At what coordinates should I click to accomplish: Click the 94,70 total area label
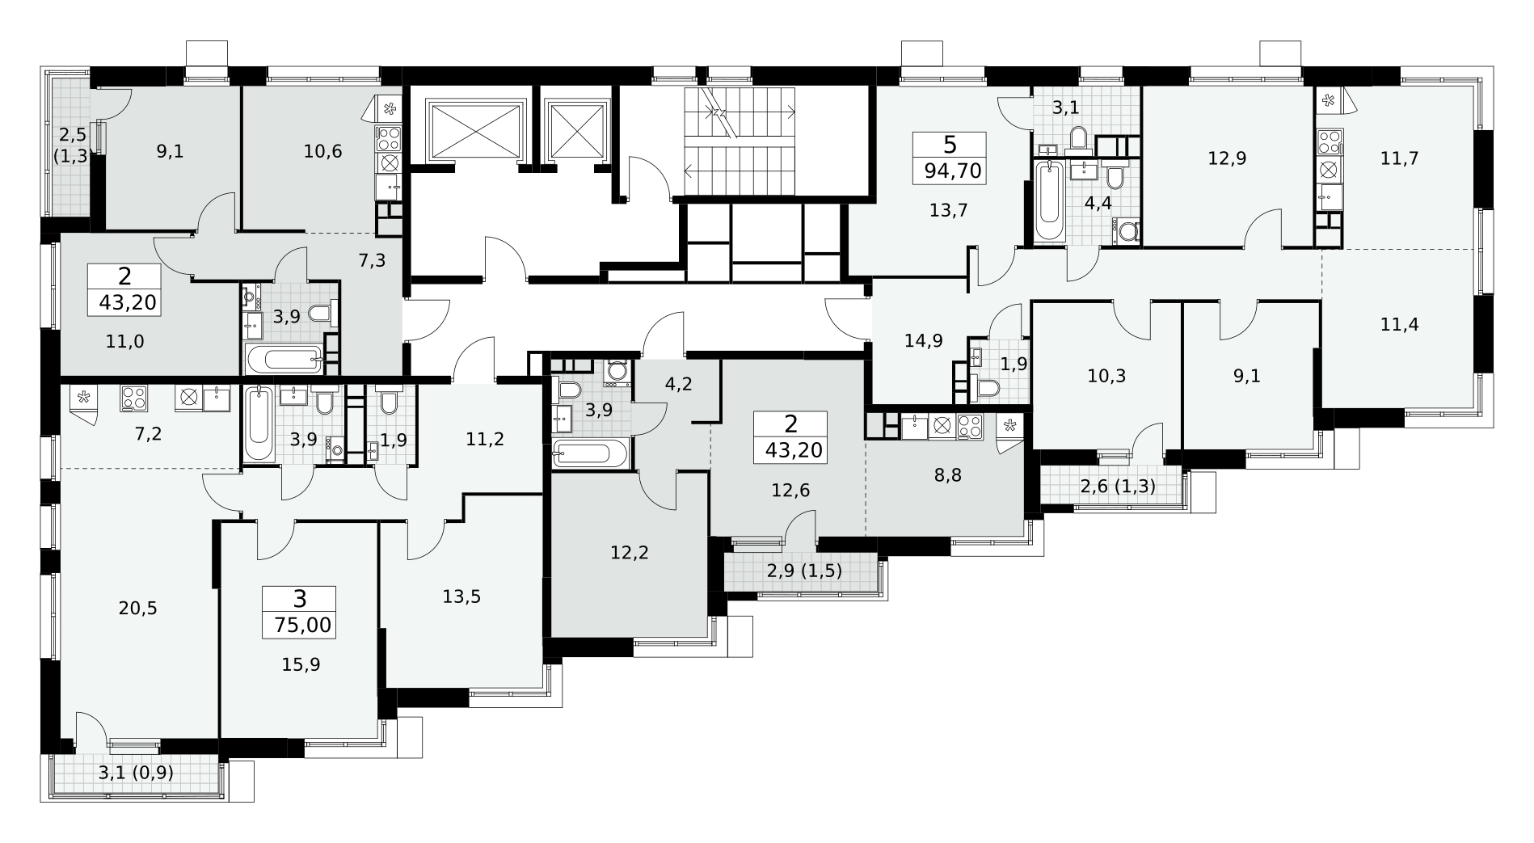click(x=950, y=171)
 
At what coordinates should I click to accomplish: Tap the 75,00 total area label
click(x=300, y=625)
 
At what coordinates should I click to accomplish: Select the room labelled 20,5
click(x=137, y=609)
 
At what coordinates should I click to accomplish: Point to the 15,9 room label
click(x=301, y=664)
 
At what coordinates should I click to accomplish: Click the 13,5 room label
click(x=461, y=596)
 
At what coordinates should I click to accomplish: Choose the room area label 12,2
click(x=630, y=553)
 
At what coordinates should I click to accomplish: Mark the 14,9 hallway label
click(x=924, y=340)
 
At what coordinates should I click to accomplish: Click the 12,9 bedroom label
click(x=1227, y=158)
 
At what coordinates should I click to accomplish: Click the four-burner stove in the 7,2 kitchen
click(x=133, y=397)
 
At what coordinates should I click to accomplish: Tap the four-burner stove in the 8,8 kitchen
click(x=968, y=426)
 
